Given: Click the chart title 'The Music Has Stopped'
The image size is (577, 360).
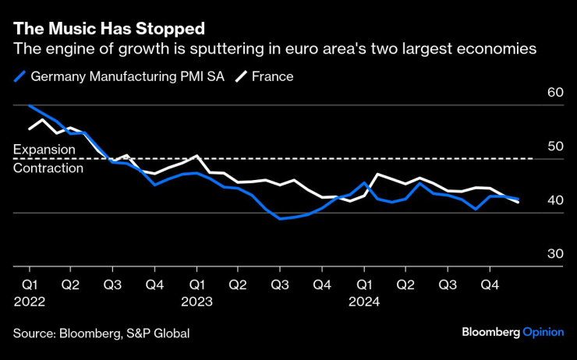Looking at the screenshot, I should (x=109, y=29).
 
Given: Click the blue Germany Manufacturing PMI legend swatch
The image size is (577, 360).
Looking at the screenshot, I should (x=20, y=76).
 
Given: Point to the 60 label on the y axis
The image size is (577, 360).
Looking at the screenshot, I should (x=555, y=92).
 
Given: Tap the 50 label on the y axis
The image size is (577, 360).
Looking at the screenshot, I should (x=555, y=146).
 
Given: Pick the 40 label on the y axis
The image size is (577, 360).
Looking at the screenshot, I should (x=555, y=200).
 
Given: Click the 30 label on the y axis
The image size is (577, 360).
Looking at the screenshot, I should (x=555, y=254).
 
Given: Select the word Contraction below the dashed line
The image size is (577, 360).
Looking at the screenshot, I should (x=48, y=168).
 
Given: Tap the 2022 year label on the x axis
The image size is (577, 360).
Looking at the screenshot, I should (x=29, y=301).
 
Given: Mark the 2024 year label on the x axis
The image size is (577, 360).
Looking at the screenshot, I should (x=363, y=301).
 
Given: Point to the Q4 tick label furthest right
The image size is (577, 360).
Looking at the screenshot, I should (x=489, y=285).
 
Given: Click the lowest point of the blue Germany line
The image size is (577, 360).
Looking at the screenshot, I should (x=281, y=219).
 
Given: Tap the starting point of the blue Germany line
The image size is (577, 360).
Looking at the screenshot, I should (x=29, y=104).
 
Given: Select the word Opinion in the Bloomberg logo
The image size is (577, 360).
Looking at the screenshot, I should (x=543, y=332).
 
